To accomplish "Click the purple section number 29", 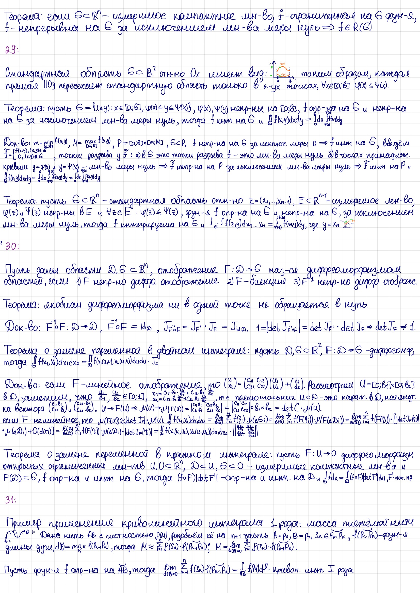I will [11, 49].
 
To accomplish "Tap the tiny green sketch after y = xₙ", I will [348, 224].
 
